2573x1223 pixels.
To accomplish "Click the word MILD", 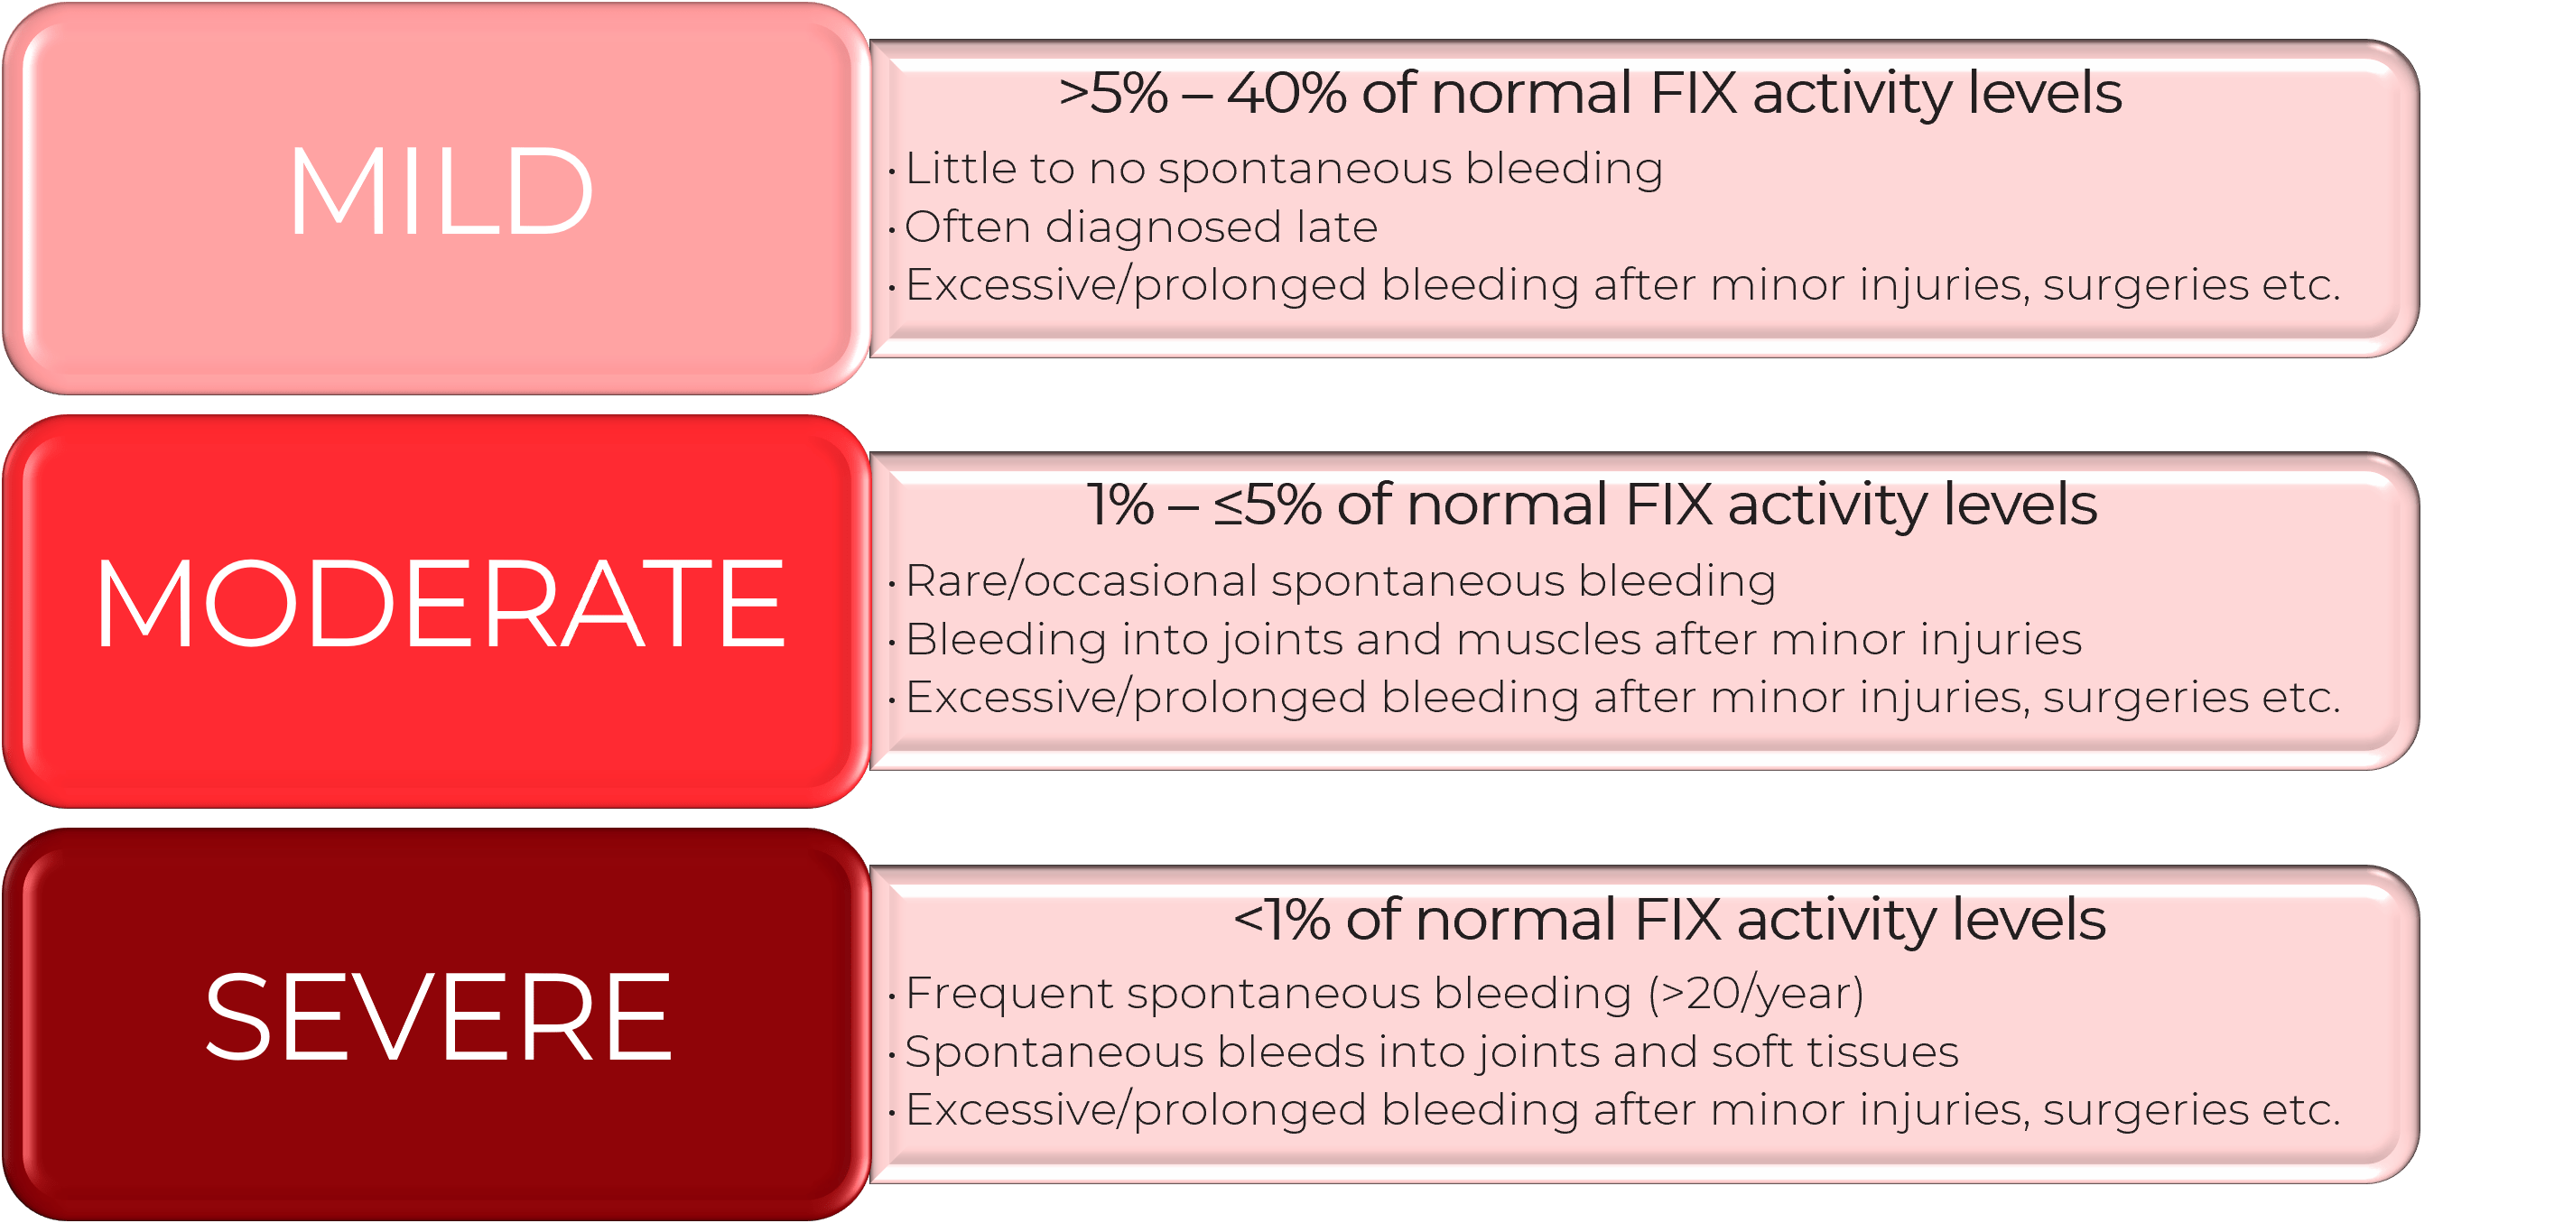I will tap(441, 191).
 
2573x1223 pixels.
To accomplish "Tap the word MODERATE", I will tap(441, 605).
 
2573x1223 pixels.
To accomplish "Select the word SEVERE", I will tap(439, 1017).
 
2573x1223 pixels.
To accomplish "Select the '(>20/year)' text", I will tap(1756, 995).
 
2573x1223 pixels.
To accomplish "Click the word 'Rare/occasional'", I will tap(1081, 581).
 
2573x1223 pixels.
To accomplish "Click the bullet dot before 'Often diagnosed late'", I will tap(891, 229).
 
